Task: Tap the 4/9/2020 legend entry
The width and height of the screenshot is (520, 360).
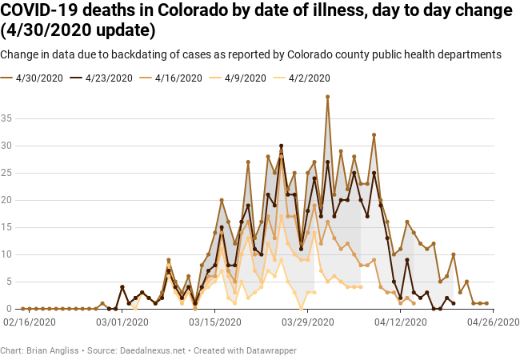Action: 242,78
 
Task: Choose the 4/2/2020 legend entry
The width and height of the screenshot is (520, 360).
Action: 306,78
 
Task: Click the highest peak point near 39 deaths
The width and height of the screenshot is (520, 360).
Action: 327,97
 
